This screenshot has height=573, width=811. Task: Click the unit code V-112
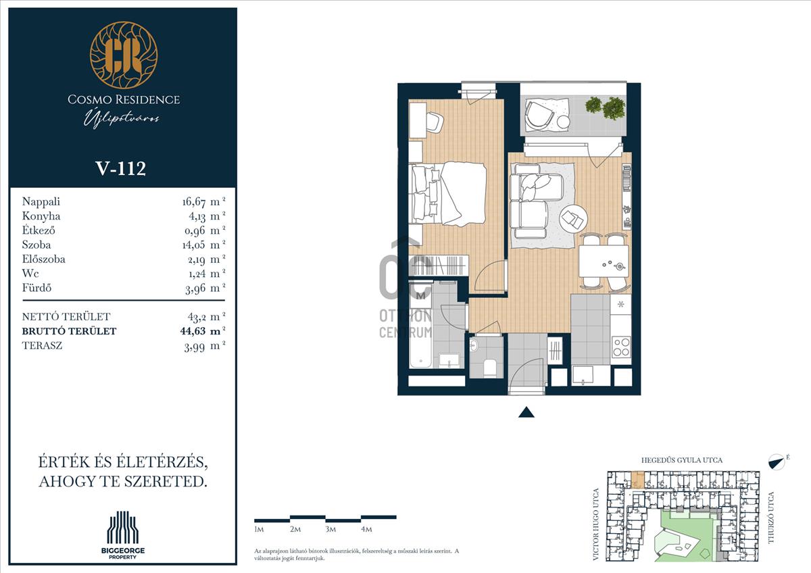click(120, 168)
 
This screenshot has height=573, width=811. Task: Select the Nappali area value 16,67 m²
click(204, 201)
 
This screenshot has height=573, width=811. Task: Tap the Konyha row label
click(41, 216)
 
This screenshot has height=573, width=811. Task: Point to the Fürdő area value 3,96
click(195, 289)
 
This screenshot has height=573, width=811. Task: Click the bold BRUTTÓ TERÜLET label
click(69, 331)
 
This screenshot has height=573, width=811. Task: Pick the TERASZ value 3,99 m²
click(205, 347)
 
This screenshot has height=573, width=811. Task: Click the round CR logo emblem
click(124, 55)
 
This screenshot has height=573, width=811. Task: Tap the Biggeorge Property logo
click(123, 535)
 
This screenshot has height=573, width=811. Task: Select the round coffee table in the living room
click(573, 219)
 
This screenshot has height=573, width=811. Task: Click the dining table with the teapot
click(604, 261)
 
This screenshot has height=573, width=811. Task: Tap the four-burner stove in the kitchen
click(621, 347)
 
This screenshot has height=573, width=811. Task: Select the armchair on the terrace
click(539, 114)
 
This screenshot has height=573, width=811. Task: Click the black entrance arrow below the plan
click(526, 412)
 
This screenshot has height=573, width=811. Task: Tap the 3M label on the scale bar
click(330, 529)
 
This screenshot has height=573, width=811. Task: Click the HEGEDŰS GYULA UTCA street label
click(682, 460)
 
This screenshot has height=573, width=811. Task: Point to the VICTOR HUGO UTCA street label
click(596, 525)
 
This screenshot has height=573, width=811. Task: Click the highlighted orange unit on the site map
click(637, 480)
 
